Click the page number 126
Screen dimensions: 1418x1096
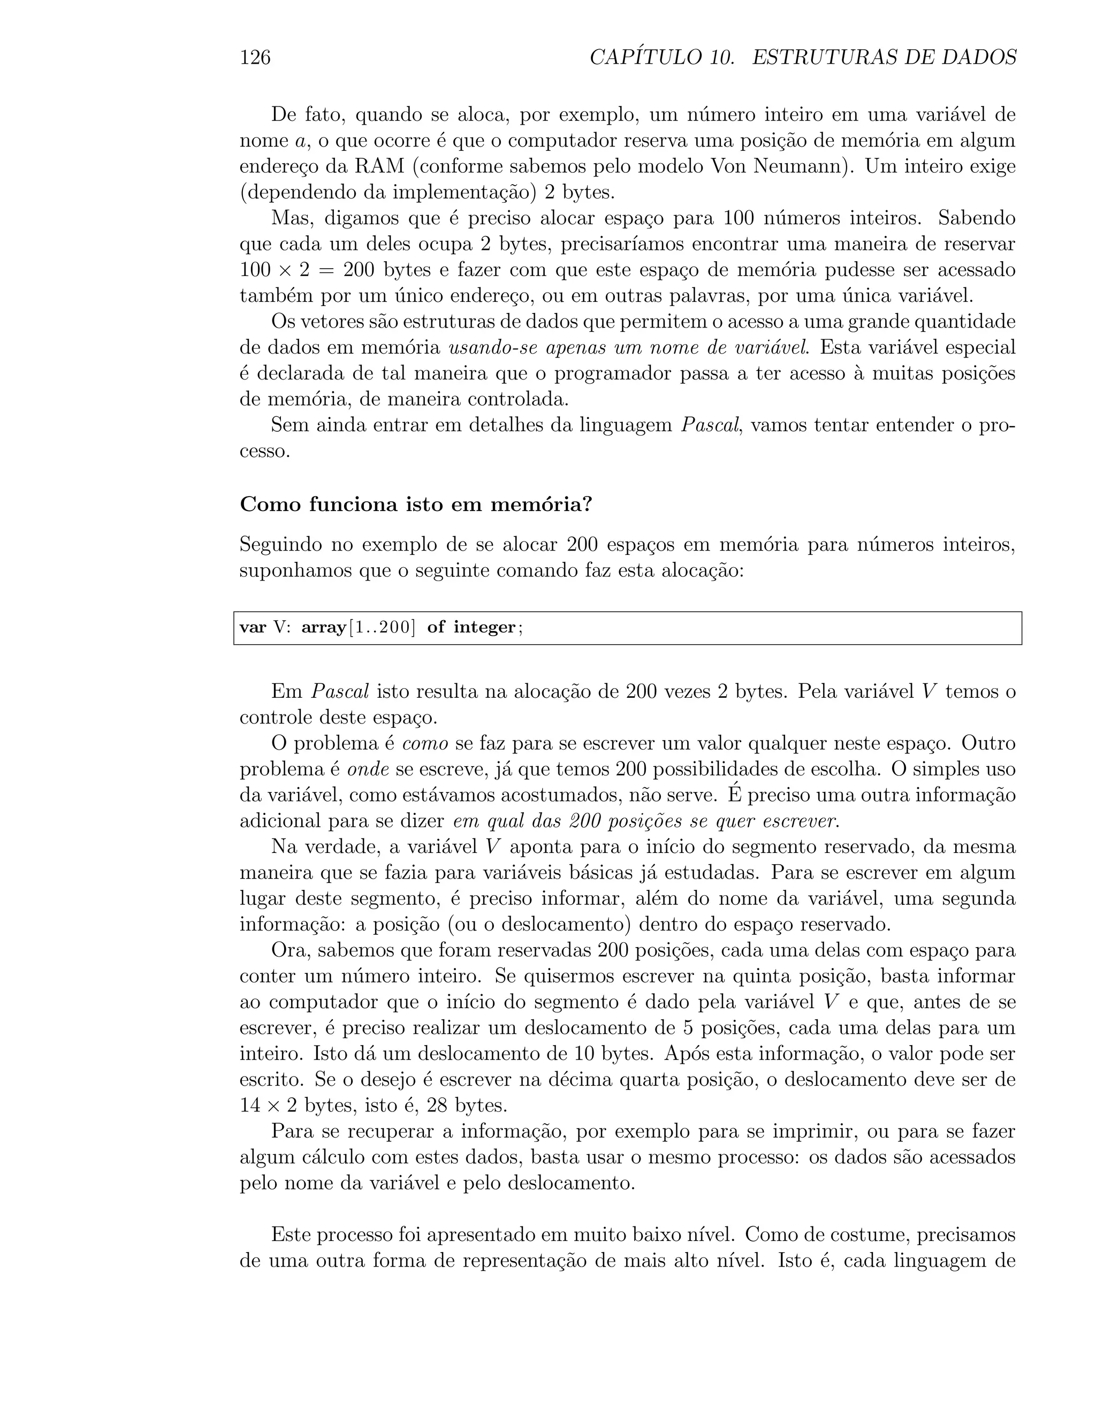255,58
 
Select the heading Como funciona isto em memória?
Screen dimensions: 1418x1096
416,505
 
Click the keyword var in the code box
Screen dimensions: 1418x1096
253,628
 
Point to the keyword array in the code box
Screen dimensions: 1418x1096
323,628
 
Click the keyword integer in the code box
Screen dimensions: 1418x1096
484,628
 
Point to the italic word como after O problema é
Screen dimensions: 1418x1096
426,743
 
